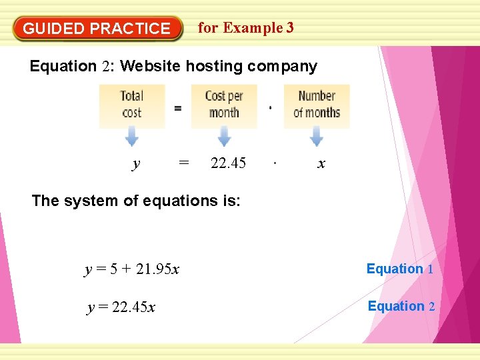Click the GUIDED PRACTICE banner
click(97, 29)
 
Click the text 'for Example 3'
click(245, 28)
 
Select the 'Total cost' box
click(131, 105)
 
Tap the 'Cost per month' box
click(223, 105)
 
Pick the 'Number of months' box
click(316, 105)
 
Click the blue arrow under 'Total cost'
click(131, 137)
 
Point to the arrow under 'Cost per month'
click(223, 137)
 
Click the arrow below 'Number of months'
click(316, 137)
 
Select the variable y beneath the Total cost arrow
click(136, 164)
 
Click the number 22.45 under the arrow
click(228, 163)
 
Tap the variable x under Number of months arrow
click(321, 164)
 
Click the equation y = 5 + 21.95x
click(132, 269)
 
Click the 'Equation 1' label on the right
click(400, 269)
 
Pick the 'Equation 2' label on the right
click(401, 307)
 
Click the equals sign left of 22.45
click(184, 163)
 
